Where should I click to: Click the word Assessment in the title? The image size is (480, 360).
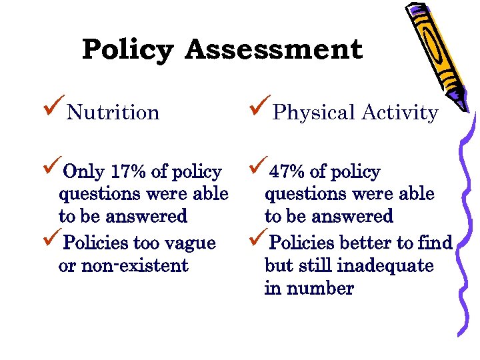pyautogui.click(x=274, y=50)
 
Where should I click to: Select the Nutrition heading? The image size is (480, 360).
pyautogui.click(x=113, y=113)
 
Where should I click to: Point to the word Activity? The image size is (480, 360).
pyautogui.click(x=400, y=113)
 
